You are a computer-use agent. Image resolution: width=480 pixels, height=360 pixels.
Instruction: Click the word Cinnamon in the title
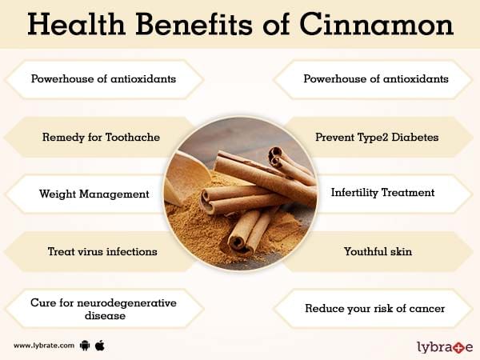click(377, 24)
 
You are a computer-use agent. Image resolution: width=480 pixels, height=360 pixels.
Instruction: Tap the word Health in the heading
click(77, 24)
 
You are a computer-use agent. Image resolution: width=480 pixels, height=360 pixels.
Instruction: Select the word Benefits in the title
click(194, 24)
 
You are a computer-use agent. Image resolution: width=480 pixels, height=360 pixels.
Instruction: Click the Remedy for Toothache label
click(101, 137)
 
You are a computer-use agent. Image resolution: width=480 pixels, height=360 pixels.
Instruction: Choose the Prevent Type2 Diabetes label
click(377, 138)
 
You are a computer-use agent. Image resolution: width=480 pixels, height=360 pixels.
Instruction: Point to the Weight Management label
click(94, 194)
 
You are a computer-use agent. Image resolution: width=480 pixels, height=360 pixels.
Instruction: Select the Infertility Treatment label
click(382, 193)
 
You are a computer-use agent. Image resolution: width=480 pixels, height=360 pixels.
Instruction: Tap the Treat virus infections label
click(102, 252)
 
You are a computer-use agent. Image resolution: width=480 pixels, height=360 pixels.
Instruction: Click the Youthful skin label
click(378, 252)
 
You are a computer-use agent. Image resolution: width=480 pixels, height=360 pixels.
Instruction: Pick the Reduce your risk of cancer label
click(374, 309)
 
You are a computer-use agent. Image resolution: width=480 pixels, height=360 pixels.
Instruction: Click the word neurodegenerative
click(126, 303)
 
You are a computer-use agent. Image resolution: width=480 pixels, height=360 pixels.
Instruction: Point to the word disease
click(105, 315)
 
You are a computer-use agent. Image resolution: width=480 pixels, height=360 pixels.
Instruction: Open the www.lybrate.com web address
click(44, 346)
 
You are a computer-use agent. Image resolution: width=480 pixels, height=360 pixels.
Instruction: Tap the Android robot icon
click(85, 346)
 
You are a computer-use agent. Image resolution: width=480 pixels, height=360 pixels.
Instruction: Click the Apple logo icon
click(100, 346)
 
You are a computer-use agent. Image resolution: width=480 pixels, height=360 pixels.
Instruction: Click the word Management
click(114, 194)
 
